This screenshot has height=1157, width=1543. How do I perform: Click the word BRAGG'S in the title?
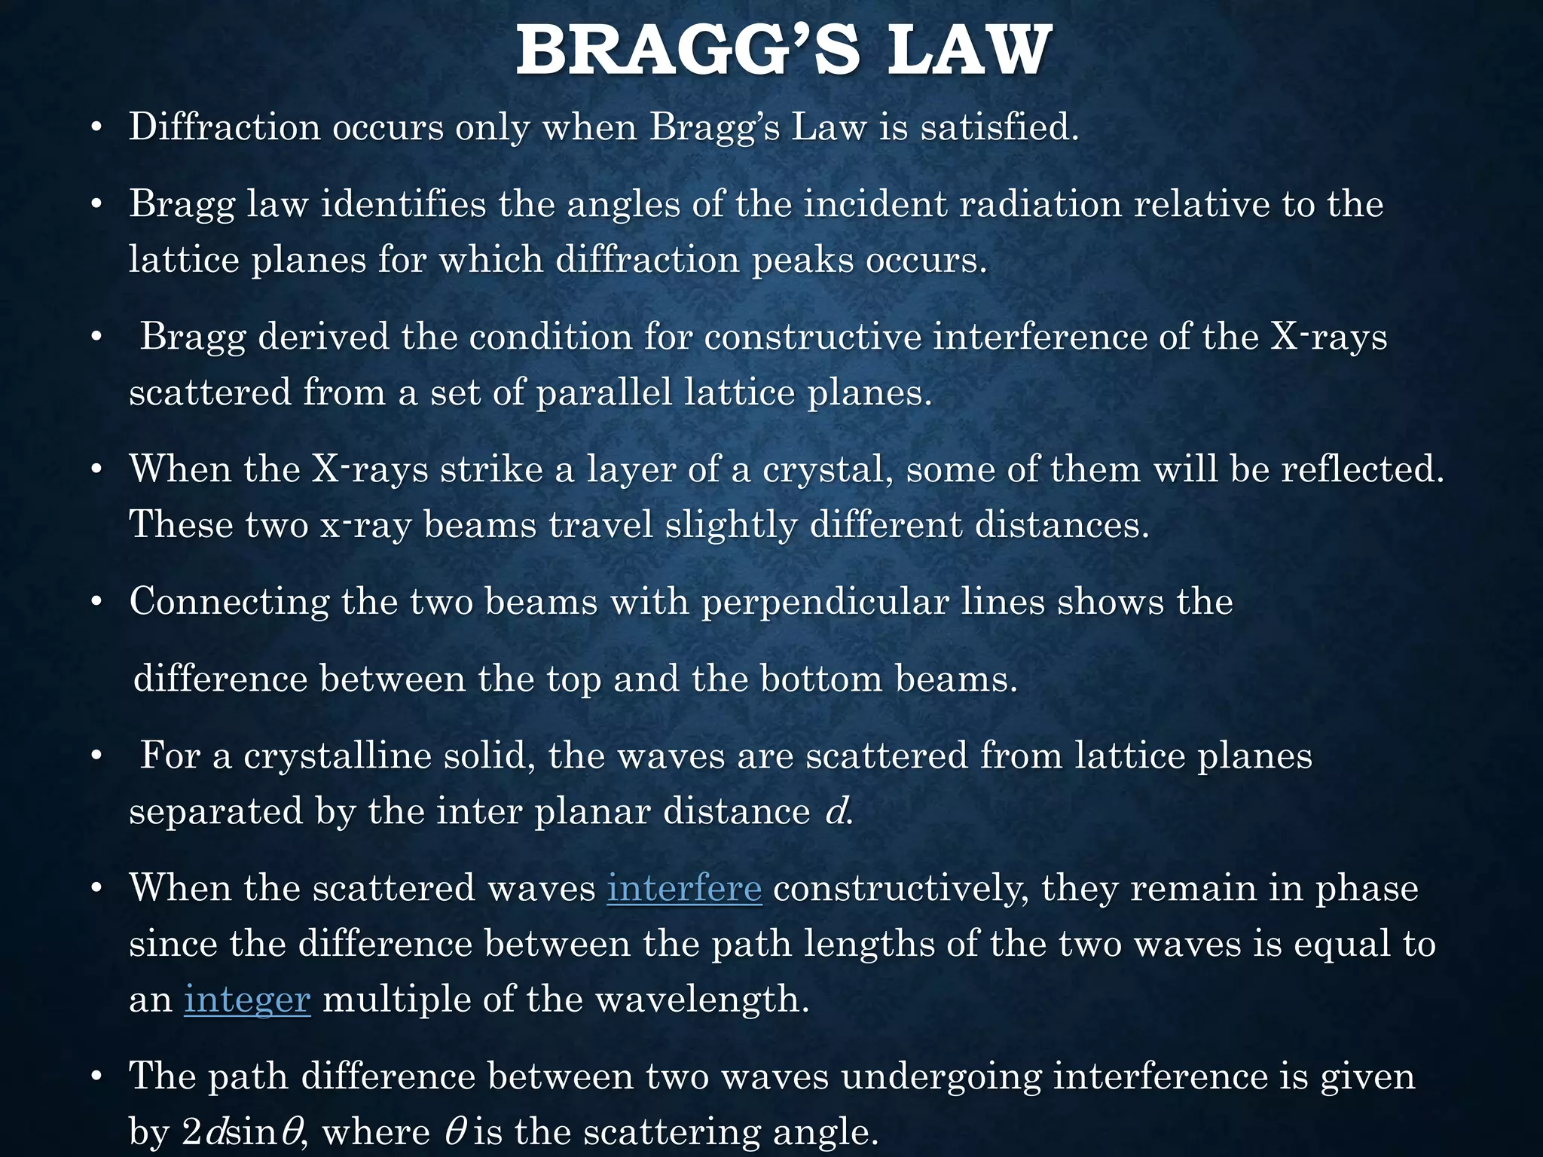(x=687, y=51)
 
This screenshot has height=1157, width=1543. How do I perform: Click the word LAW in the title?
(x=969, y=51)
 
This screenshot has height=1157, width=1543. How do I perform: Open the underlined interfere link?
(x=684, y=888)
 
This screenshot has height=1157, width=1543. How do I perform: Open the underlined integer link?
(x=247, y=1000)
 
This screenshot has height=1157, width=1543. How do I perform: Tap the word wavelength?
(x=701, y=1000)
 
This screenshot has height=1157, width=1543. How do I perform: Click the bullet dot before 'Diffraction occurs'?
(x=95, y=128)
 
